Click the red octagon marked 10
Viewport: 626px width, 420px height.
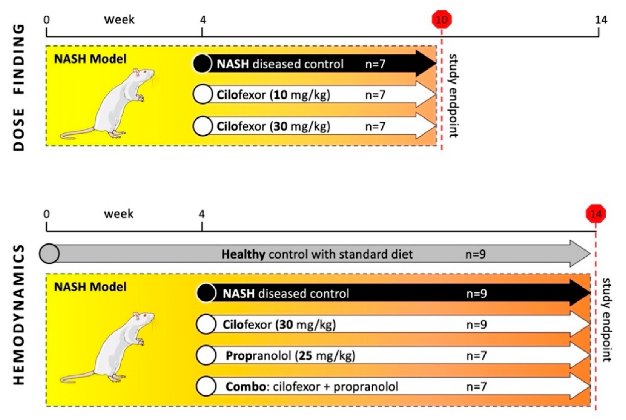click(442, 19)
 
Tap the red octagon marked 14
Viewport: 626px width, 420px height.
click(595, 214)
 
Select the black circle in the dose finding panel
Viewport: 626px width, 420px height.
click(202, 64)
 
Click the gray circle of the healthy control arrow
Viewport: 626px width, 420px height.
click(49, 254)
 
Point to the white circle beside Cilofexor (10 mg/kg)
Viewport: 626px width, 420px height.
click(202, 95)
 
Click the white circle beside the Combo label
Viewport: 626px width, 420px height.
click(206, 387)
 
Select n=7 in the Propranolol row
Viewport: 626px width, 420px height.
click(476, 356)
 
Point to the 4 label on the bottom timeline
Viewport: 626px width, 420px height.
click(202, 214)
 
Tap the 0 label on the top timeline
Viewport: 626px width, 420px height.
click(47, 20)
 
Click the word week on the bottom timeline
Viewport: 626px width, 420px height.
click(119, 214)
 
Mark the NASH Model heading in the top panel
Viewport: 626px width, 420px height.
click(90, 59)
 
